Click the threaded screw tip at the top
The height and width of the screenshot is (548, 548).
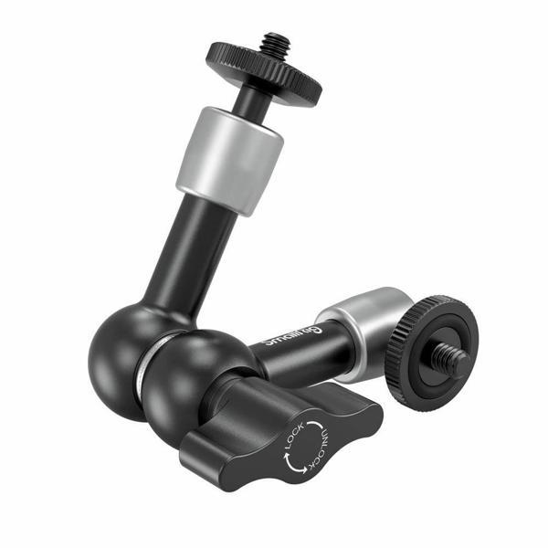[x=274, y=43]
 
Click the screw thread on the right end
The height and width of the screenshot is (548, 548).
[x=454, y=361]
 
